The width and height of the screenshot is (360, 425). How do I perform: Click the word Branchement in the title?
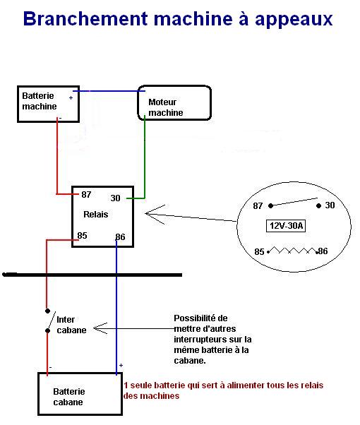pos(85,18)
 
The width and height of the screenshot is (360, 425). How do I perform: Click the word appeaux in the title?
pos(294,20)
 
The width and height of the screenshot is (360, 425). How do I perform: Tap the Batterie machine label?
pos(40,101)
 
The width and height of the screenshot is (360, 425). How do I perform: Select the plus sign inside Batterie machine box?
pos(71,97)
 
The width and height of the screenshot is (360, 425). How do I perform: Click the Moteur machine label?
pos(166,107)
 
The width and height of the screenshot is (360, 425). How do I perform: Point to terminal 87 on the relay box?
pos(86,194)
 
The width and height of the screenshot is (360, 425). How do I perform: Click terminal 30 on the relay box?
pos(115,198)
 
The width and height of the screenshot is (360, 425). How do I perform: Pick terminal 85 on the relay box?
pos(82,236)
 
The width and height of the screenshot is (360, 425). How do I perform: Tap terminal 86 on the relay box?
pos(121,237)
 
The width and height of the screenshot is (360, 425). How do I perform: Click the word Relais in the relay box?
pos(96,215)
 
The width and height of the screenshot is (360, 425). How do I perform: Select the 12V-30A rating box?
pos(286,226)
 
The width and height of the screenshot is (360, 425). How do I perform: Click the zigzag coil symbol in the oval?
pos(293,250)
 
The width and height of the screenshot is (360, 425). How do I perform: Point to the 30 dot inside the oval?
pos(319,206)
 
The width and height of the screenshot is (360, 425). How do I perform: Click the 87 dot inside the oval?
pos(270,205)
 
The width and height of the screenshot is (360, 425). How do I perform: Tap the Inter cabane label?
pos(71,325)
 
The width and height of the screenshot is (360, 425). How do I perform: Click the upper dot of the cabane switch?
pos(47,311)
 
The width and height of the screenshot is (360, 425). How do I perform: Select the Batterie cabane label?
pos(69,397)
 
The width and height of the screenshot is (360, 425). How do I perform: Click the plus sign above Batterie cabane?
pos(121,366)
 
